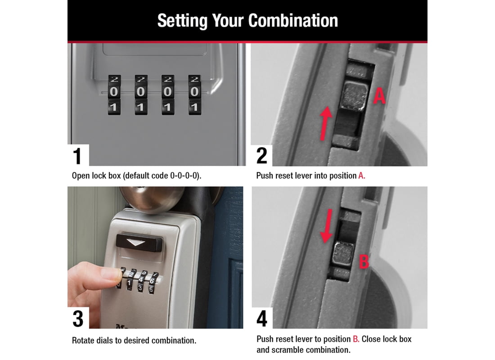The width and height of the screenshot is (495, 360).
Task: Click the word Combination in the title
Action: tap(293, 21)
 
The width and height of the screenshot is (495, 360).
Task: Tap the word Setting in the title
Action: tap(182, 21)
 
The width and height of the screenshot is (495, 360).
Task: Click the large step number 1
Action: tap(77, 156)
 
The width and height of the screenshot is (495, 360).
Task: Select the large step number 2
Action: tap(262, 156)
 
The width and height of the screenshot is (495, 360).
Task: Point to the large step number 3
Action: tap(78, 319)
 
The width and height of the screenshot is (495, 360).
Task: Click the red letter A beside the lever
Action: tap(379, 96)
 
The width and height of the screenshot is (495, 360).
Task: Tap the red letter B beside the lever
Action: tap(364, 262)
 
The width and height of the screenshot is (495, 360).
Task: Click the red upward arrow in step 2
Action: tap(325, 123)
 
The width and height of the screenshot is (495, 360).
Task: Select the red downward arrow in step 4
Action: tap(327, 226)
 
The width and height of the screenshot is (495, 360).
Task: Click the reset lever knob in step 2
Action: tap(355, 96)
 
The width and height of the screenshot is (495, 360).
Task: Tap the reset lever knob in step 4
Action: tap(343, 254)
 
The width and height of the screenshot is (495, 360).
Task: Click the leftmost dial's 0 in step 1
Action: tap(114, 92)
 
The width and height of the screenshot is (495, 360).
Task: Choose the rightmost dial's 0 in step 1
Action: tap(194, 92)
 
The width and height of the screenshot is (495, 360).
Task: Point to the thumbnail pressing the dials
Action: tap(111, 274)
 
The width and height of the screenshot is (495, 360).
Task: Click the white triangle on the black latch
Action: tap(135, 243)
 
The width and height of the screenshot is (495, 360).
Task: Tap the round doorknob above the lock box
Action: tap(152, 198)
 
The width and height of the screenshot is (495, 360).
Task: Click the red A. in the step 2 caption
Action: tap(362, 175)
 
